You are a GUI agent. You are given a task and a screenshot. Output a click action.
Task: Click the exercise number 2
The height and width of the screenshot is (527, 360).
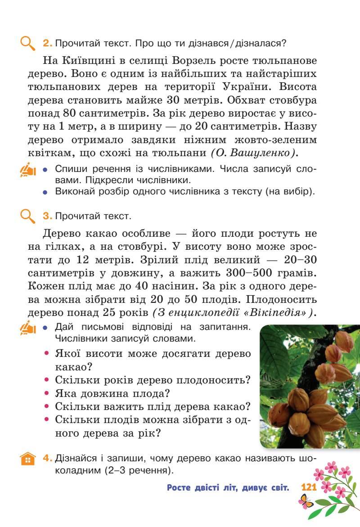[47, 44]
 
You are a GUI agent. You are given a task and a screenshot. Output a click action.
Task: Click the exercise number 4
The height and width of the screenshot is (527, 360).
[47, 459]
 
